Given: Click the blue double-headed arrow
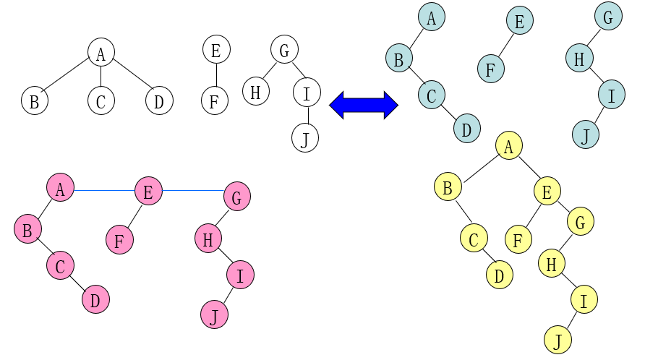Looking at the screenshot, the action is (x=364, y=105).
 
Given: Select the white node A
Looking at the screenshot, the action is (x=101, y=52).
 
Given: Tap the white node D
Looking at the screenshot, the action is (x=159, y=101).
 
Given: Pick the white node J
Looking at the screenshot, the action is (x=305, y=137).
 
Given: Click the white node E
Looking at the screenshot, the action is (x=215, y=50).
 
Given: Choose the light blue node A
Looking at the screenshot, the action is (x=431, y=17).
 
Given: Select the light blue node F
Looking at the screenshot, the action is (x=490, y=69).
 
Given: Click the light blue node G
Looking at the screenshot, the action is (x=607, y=17).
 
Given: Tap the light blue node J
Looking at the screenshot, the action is (x=585, y=134).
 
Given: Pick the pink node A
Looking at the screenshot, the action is (x=61, y=189).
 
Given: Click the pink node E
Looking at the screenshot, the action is (x=148, y=192).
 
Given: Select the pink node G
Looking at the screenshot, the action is (x=237, y=195).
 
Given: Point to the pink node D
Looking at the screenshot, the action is (x=95, y=299).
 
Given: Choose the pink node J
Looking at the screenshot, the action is (x=214, y=315).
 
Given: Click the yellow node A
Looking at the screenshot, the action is (x=509, y=146).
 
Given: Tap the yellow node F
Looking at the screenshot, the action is (x=518, y=239).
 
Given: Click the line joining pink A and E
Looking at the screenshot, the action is (x=104, y=191).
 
